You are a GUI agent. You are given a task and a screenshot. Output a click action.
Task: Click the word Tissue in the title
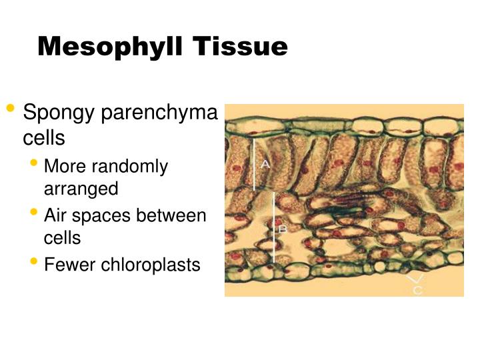[241, 47]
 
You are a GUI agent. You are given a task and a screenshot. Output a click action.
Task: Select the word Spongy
[58, 113]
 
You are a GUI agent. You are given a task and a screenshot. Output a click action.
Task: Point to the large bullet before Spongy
[10, 108]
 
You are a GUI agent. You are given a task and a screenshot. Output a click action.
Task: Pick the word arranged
[81, 188]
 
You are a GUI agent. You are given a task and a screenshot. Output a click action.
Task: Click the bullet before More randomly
[34, 162]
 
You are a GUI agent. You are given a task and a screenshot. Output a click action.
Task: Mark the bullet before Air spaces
[34, 212]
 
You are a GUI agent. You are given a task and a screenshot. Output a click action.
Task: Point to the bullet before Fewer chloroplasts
[34, 261]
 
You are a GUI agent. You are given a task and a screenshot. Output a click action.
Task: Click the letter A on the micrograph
[265, 164]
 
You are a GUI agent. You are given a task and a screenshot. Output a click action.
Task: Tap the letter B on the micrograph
[282, 229]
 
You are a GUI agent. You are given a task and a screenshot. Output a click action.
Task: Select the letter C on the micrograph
[418, 291]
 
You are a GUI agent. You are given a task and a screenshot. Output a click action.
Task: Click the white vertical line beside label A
[254, 163]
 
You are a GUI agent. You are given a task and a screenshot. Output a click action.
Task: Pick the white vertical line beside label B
[274, 227]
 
